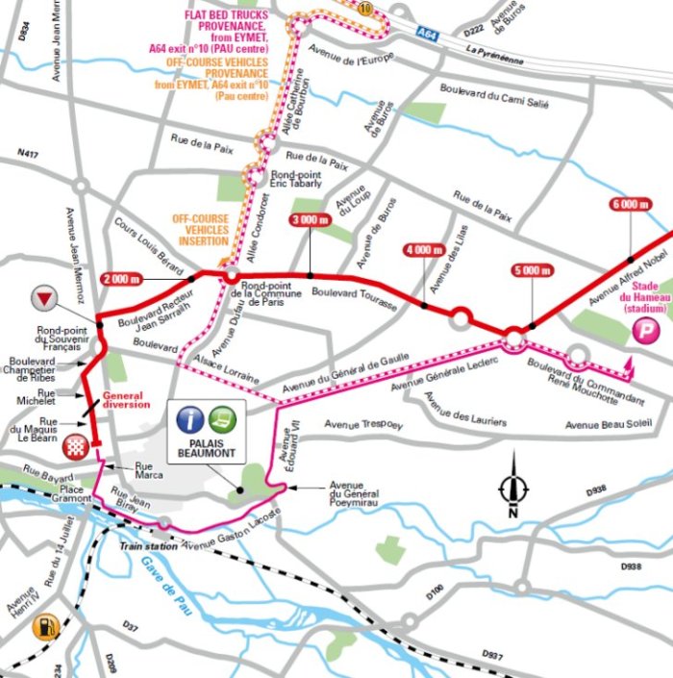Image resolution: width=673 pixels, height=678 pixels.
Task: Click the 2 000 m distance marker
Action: [x=119, y=279]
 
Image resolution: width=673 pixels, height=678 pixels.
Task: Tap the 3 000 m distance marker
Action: [x=311, y=221]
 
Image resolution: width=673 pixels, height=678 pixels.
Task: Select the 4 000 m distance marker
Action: [x=422, y=250]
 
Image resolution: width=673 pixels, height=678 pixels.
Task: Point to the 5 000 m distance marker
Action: [x=528, y=270]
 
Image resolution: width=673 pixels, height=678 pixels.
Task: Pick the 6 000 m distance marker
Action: [x=630, y=204]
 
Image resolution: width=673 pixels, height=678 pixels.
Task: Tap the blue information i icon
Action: [x=192, y=418]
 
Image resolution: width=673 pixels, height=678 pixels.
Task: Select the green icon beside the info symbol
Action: [x=223, y=418]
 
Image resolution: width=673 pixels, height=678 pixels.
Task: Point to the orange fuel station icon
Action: [x=43, y=628]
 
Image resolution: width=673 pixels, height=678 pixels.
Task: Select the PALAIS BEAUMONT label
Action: [x=208, y=449]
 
